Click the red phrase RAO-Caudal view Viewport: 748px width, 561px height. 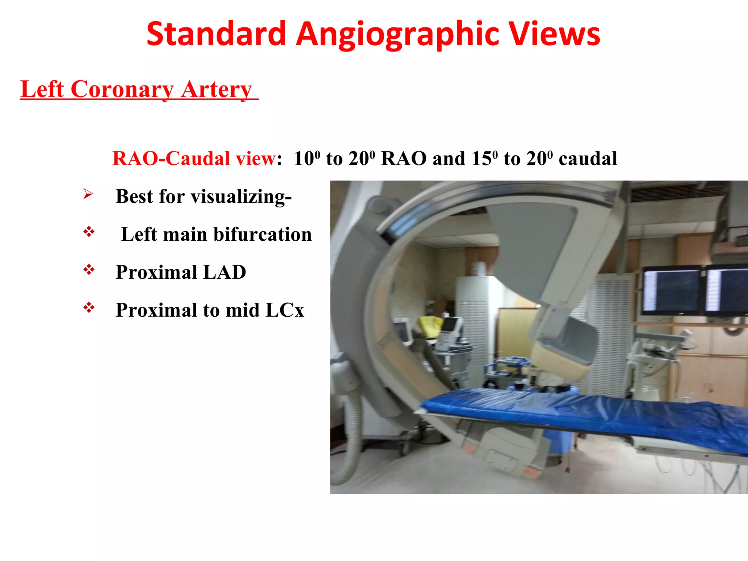pos(194,159)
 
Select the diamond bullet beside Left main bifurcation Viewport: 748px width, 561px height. pos(89,232)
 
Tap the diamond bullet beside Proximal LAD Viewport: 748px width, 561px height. pos(89,270)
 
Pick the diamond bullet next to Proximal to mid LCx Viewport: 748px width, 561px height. pos(89,308)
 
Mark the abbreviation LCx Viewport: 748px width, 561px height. pos(285,310)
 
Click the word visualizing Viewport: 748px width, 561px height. pos(241,196)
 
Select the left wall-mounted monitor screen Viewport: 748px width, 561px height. pos(671,290)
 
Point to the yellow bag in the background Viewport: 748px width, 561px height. pos(431,326)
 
